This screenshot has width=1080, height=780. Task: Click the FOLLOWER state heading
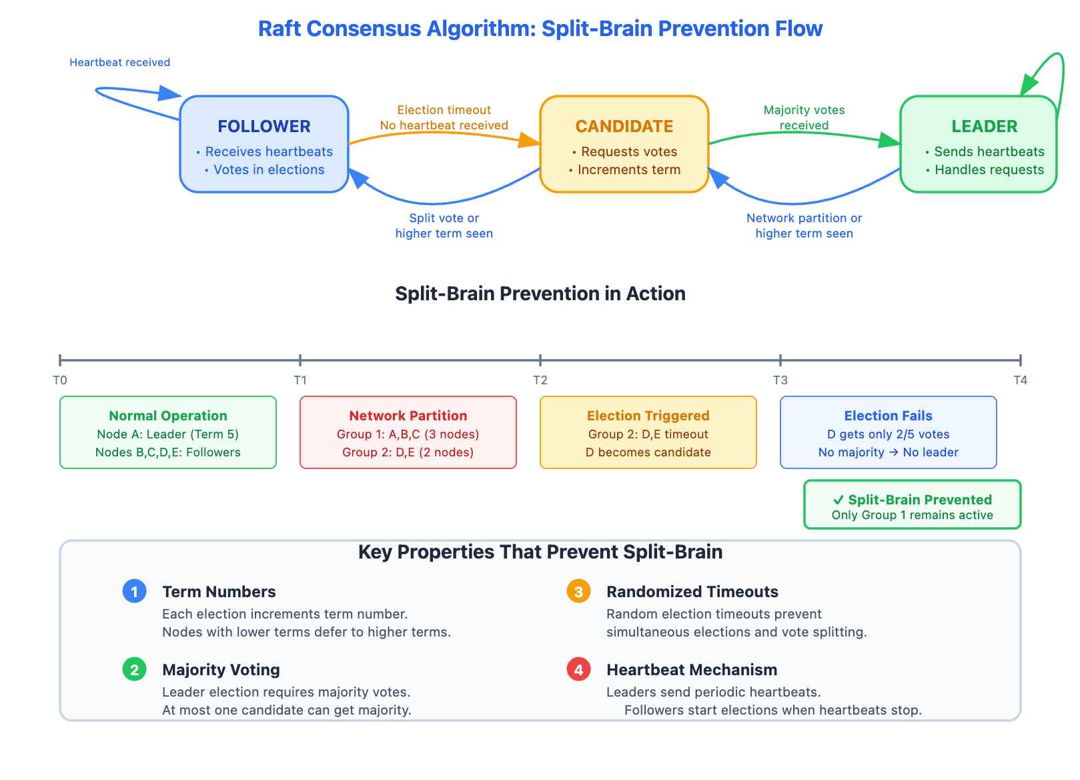[264, 126]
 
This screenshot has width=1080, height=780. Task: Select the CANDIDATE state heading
[624, 126]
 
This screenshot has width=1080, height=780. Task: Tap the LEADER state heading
[984, 126]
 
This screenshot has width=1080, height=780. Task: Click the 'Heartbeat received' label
[120, 62]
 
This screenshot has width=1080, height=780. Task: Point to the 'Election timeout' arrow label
[444, 110]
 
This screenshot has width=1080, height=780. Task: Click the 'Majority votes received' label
[804, 117]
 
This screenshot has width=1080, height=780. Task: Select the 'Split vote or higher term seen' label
[444, 226]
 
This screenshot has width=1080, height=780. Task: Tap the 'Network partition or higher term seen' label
[804, 226]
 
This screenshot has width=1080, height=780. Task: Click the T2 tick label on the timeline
[540, 380]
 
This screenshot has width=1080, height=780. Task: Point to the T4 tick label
[1020, 380]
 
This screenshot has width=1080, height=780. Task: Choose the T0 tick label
[60, 380]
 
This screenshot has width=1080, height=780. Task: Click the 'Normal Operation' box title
[168, 416]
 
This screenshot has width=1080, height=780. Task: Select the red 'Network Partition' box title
[408, 416]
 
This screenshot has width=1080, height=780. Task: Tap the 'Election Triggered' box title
[648, 416]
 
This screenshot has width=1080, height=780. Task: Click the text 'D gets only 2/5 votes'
[888, 434]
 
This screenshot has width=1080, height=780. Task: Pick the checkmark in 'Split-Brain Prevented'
[839, 500]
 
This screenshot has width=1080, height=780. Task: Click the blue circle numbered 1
[135, 591]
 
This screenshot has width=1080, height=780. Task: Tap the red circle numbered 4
[578, 669]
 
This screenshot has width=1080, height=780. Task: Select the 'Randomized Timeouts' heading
[692, 592]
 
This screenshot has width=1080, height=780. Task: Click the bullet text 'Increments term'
[629, 169]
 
